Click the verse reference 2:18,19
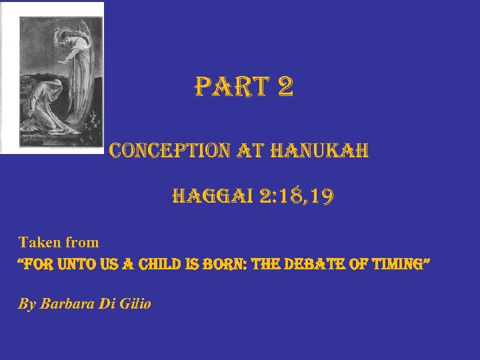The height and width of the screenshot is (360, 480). [300, 197]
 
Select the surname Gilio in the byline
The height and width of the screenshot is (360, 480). [133, 304]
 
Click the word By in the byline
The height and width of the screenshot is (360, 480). [27, 304]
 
